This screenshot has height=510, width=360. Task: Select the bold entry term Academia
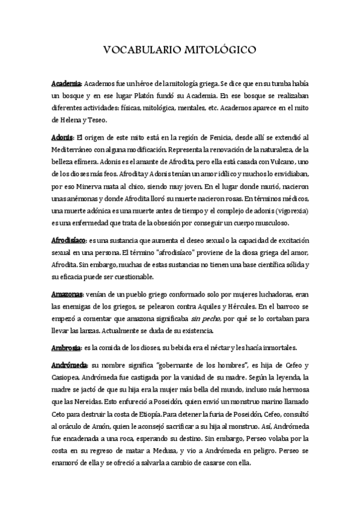pos(66,84)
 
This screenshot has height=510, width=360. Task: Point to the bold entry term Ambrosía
pos(66,348)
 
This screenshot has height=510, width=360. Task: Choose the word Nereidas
pos(89,402)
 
